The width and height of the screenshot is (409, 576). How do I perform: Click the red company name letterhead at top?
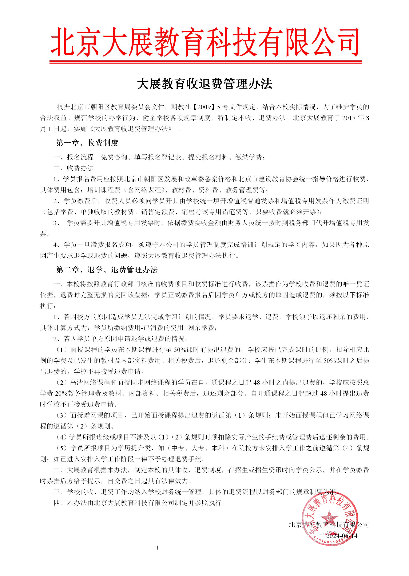point(204,42)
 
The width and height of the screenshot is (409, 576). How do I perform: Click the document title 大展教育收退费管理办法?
point(204,84)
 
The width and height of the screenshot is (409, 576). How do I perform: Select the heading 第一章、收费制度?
point(87,143)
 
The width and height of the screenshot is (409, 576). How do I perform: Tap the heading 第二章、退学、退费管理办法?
point(107,270)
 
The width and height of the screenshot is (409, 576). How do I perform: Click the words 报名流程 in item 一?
point(80,157)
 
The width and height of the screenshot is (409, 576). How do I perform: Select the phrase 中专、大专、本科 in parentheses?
point(198,448)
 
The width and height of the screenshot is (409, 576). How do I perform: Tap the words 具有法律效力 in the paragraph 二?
point(169,481)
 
